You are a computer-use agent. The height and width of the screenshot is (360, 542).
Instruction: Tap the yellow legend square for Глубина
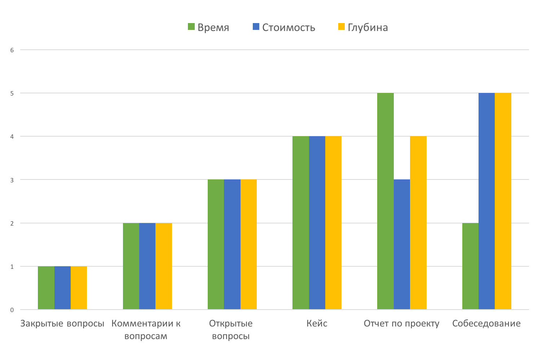341,27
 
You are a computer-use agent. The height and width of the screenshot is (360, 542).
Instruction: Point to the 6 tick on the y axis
12,50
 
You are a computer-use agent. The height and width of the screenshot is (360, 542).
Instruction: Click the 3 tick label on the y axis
12,180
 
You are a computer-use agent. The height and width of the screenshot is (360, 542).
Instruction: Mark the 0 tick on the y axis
12,310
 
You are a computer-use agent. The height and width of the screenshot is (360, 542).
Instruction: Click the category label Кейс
317,323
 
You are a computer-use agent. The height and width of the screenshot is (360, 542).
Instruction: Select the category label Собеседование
486,323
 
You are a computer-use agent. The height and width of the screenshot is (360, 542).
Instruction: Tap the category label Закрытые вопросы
62,323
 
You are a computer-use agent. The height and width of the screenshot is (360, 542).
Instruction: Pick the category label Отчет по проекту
401,323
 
